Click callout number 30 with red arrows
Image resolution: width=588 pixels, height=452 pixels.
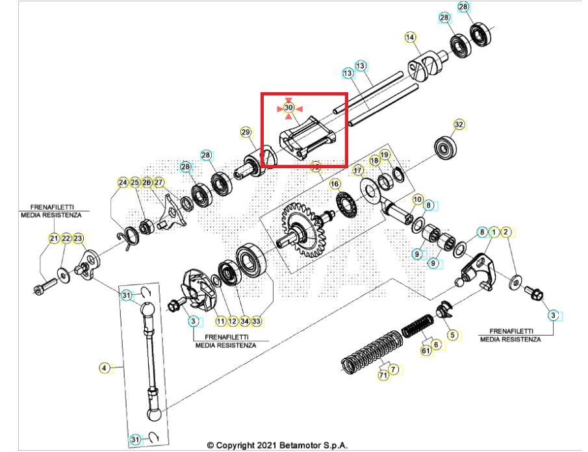point(289,107)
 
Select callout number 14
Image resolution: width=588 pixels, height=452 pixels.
point(410,38)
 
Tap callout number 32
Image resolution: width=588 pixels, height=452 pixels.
point(459,124)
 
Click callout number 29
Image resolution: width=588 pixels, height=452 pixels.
point(246,132)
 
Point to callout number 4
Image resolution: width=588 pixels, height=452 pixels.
point(104,368)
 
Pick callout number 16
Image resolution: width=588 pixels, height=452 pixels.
point(335,184)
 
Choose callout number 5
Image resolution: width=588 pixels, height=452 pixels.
point(453,335)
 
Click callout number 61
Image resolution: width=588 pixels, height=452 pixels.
point(426,350)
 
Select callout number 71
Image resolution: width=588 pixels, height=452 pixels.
point(383,375)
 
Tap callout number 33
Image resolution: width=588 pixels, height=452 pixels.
point(257,321)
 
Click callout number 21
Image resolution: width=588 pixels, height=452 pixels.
point(54,238)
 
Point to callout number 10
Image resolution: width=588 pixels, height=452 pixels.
point(417,199)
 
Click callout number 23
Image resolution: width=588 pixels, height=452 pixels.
point(79,238)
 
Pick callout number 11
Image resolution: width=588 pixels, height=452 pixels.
point(221,321)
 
